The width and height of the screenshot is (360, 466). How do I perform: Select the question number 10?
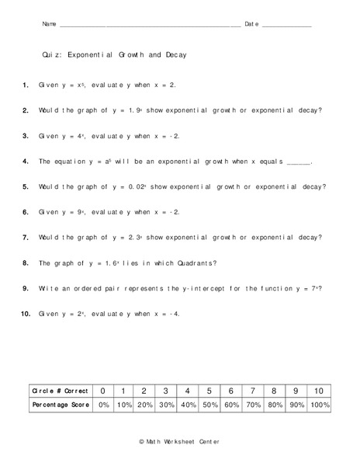coord(25,314)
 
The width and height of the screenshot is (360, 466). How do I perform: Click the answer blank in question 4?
coord(299,162)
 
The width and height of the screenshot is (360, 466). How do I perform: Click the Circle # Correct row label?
coord(58,391)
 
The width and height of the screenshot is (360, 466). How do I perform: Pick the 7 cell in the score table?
coord(253,391)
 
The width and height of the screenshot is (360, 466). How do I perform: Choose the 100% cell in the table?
coord(318,405)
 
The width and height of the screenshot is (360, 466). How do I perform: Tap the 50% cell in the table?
coord(209,405)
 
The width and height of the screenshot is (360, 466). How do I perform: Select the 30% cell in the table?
coord(166,405)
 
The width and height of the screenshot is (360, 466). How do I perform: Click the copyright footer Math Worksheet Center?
coord(179,442)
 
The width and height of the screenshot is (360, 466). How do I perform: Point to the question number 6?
coord(25,212)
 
